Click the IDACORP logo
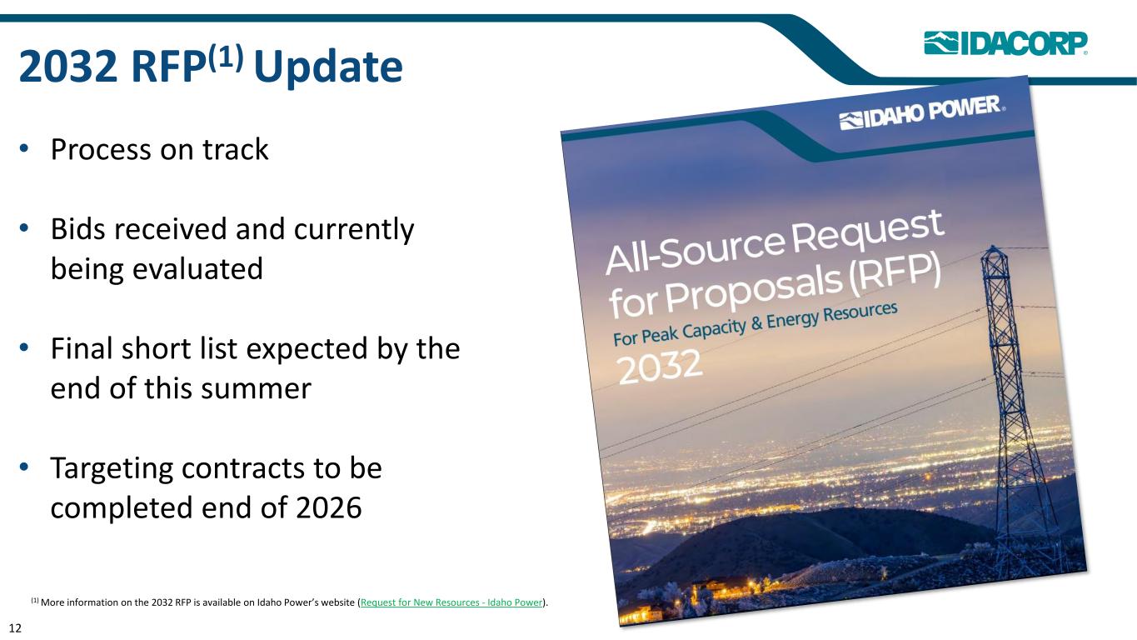pyautogui.click(x=1005, y=43)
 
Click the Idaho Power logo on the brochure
pyautogui.click(x=922, y=112)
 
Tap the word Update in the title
pyautogui.click(x=328, y=67)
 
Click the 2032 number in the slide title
pyautogui.click(x=68, y=67)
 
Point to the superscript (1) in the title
pyautogui.click(x=226, y=57)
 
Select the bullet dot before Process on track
pyautogui.click(x=24, y=148)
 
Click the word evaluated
pyautogui.click(x=197, y=268)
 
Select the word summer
pyautogui.click(x=256, y=390)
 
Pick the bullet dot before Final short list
pyautogui.click(x=24, y=348)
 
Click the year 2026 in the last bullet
pyautogui.click(x=328, y=507)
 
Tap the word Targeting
pyautogui.click(x=112, y=469)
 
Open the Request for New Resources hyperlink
pyautogui.click(x=451, y=602)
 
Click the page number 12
pyautogui.click(x=15, y=628)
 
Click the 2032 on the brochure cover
pyautogui.click(x=660, y=367)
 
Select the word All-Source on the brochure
pyautogui.click(x=696, y=250)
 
